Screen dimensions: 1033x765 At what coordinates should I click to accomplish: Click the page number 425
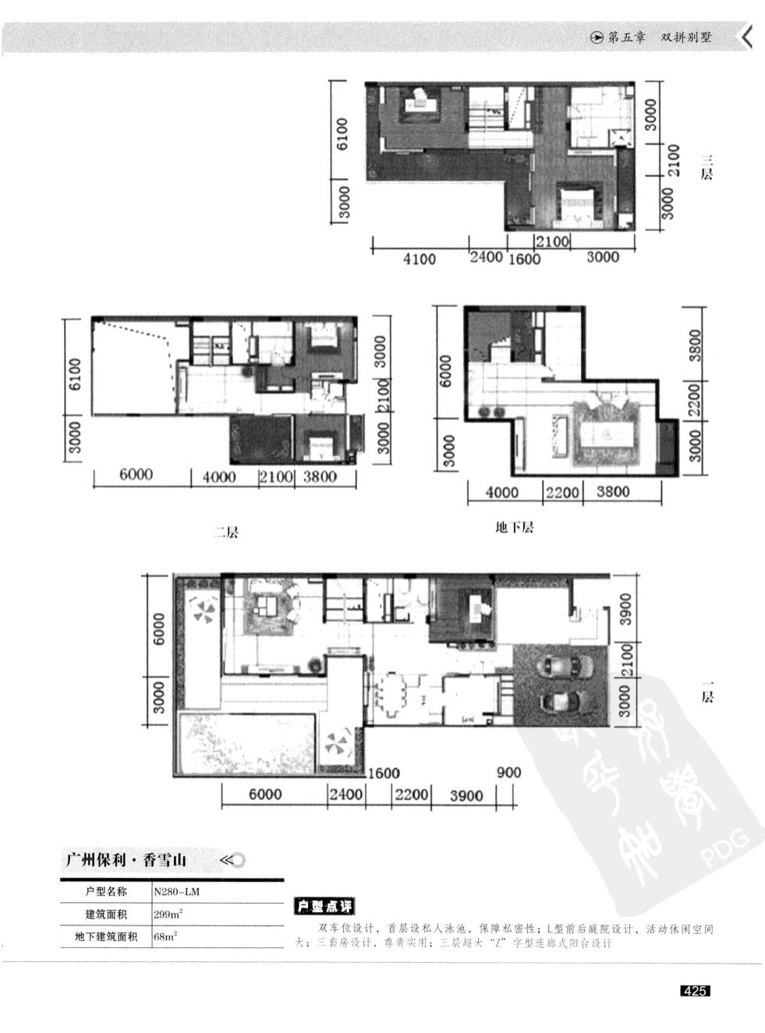[x=694, y=991]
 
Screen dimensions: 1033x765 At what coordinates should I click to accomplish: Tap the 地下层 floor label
[x=515, y=528]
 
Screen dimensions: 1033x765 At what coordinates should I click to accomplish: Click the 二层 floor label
[x=226, y=532]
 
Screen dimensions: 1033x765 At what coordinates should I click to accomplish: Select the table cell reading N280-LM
[x=171, y=891]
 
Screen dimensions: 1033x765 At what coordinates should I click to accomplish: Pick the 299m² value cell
[x=168, y=914]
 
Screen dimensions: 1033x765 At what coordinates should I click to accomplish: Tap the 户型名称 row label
[x=106, y=891]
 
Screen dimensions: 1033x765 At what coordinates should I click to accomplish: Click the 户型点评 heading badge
[x=324, y=906]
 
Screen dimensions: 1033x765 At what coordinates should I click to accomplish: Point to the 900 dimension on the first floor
[x=508, y=773]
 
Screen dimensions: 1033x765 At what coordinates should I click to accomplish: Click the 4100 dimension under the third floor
[x=419, y=259]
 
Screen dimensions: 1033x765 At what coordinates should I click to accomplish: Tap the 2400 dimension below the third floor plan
[x=486, y=257]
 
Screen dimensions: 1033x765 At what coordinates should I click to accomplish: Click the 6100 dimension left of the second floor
[x=74, y=375]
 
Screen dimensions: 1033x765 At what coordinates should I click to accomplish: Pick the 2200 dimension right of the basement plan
[x=695, y=399]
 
